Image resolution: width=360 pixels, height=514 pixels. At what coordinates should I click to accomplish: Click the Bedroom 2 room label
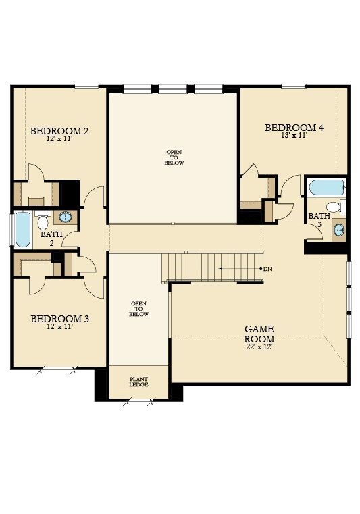[x=59, y=130]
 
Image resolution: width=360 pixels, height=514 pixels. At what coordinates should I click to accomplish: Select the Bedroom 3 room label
[x=59, y=318]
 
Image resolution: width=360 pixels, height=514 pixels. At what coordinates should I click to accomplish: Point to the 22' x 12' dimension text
[x=259, y=347]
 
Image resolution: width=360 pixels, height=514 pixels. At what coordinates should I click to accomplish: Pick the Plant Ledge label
[x=138, y=382]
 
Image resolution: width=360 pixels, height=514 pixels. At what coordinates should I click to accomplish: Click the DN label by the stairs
[x=267, y=269]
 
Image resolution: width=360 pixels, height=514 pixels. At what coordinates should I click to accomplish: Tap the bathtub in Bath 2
[x=22, y=230]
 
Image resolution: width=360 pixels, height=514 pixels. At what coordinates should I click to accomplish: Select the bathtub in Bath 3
[x=325, y=187]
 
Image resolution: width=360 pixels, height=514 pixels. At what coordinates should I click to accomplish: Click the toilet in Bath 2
[x=43, y=221]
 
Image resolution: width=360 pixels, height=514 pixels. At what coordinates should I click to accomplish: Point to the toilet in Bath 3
[x=334, y=207]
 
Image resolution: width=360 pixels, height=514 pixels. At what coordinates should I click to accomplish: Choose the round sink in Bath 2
[x=66, y=217]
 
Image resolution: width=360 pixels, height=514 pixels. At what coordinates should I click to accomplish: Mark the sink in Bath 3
[x=339, y=230]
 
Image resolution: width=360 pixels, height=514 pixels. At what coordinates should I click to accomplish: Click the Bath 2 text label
[x=51, y=238]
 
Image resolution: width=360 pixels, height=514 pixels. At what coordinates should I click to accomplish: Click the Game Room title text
[x=259, y=334]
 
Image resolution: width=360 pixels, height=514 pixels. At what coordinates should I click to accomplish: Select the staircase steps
[x=211, y=267]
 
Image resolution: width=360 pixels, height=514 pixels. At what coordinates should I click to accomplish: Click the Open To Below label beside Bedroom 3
[x=138, y=309]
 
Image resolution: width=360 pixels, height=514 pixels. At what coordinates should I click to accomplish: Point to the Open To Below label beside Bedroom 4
[x=174, y=157]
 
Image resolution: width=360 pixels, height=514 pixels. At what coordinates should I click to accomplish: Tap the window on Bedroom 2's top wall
[x=86, y=86]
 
